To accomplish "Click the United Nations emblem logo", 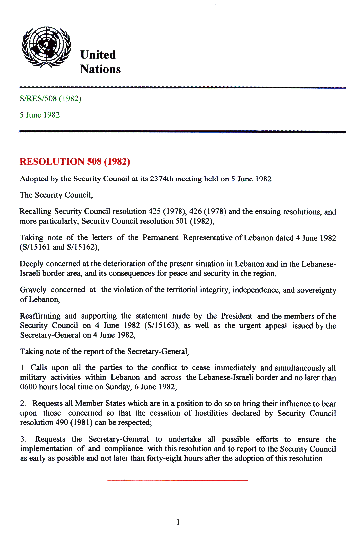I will [47, 46].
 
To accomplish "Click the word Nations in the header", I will [100, 69].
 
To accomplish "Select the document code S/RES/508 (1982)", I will [50, 98].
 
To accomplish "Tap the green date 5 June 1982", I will [40, 115].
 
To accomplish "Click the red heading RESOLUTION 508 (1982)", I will [75, 162].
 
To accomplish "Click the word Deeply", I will [31, 264].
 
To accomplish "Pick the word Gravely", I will [33, 290].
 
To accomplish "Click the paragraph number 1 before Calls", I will [22, 368].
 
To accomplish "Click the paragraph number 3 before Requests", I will [22, 440].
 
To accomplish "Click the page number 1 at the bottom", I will [178, 522].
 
